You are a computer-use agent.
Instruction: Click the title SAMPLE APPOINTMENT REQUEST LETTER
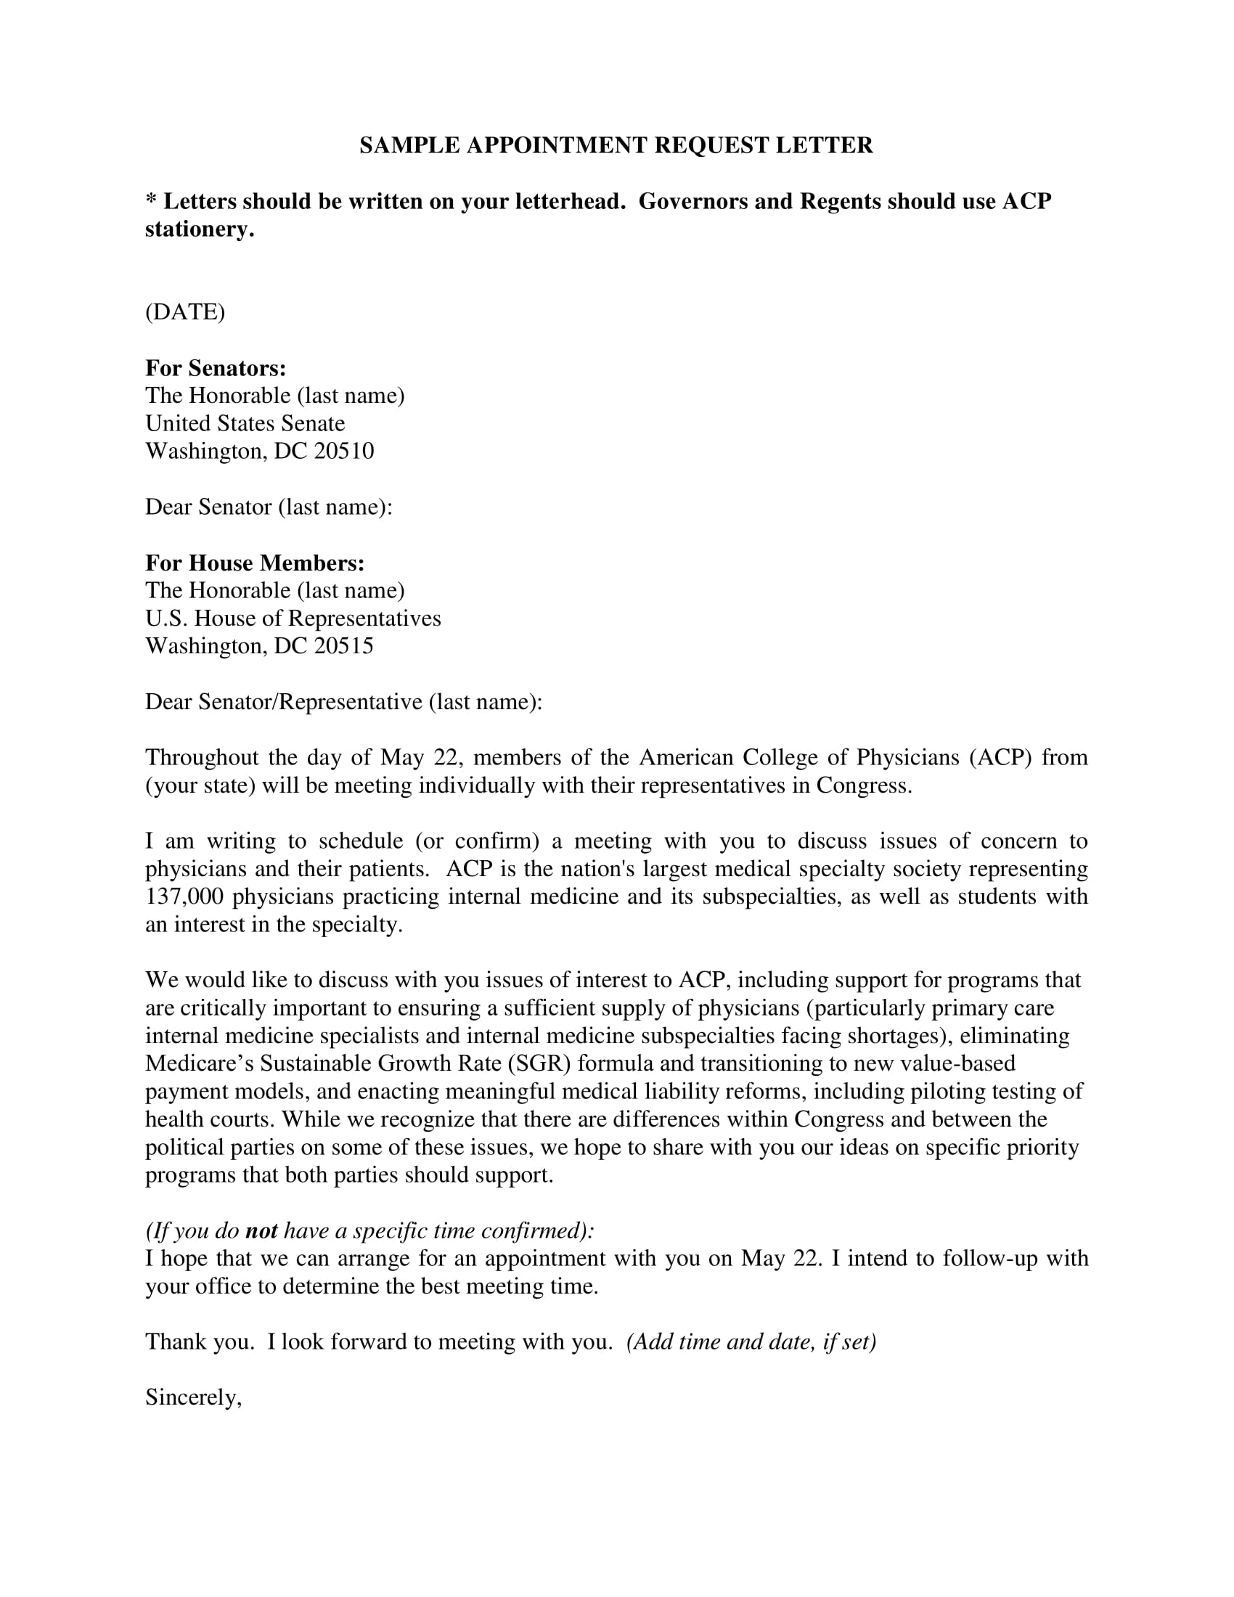pyautogui.click(x=616, y=145)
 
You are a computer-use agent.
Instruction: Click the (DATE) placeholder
pyautogui.click(x=185, y=312)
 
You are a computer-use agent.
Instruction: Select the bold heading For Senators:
pyautogui.click(x=216, y=368)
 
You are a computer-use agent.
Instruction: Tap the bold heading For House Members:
pyautogui.click(x=254, y=563)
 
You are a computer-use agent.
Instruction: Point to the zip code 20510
pyautogui.click(x=343, y=452)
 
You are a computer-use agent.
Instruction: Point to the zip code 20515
pyautogui.click(x=343, y=646)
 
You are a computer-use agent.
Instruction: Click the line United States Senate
pyautogui.click(x=245, y=423)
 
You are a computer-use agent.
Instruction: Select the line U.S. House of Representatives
pyautogui.click(x=293, y=618)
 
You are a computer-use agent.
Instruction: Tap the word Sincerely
pyautogui.click(x=192, y=1397)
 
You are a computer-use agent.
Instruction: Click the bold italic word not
pyautogui.click(x=261, y=1231)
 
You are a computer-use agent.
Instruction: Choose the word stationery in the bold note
pyautogui.click(x=198, y=229)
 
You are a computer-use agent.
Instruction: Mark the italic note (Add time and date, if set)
pyautogui.click(x=751, y=1341)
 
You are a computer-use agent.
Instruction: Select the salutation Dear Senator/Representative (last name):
pyautogui.click(x=343, y=702)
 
